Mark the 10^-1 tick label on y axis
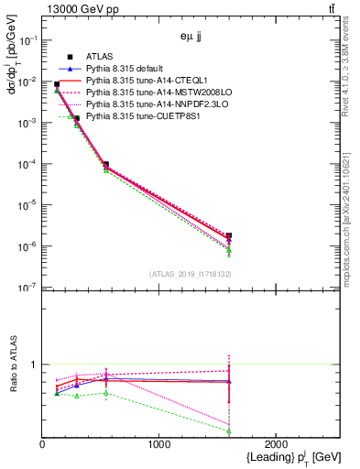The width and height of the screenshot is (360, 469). click(x=28, y=40)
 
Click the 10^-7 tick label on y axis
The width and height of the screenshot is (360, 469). click(x=28, y=288)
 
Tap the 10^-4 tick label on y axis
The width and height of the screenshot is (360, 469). click(x=28, y=164)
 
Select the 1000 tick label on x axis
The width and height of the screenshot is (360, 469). click(x=159, y=444)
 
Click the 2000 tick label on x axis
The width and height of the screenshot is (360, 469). click(x=277, y=444)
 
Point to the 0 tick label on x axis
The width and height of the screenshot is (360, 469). click(x=43, y=444)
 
